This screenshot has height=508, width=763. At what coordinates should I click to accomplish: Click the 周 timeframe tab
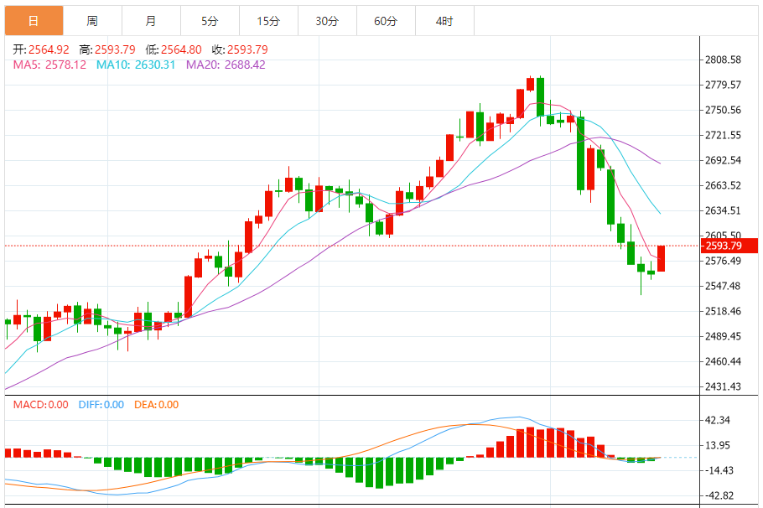[92, 21]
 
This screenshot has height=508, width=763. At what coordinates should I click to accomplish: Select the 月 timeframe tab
[151, 21]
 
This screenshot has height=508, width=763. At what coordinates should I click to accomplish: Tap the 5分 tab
[210, 21]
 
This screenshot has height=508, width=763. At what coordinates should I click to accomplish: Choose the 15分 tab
[268, 21]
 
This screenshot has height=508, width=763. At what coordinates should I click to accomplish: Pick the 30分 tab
[327, 21]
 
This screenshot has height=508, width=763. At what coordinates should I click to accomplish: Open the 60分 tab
[386, 21]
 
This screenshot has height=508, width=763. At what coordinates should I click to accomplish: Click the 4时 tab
[444, 21]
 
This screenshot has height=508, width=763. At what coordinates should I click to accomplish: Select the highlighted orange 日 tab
[34, 21]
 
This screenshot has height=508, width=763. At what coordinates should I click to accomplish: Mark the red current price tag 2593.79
[724, 246]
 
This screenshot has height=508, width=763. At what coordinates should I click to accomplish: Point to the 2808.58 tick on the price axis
[723, 60]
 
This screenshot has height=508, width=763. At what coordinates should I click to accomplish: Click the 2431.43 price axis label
[723, 386]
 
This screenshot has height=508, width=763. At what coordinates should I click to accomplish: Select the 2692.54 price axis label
[723, 161]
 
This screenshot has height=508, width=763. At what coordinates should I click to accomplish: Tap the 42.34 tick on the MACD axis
[719, 421]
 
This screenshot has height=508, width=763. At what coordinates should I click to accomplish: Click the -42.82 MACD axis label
[719, 495]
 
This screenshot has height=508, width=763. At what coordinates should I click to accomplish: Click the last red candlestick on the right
[662, 258]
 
